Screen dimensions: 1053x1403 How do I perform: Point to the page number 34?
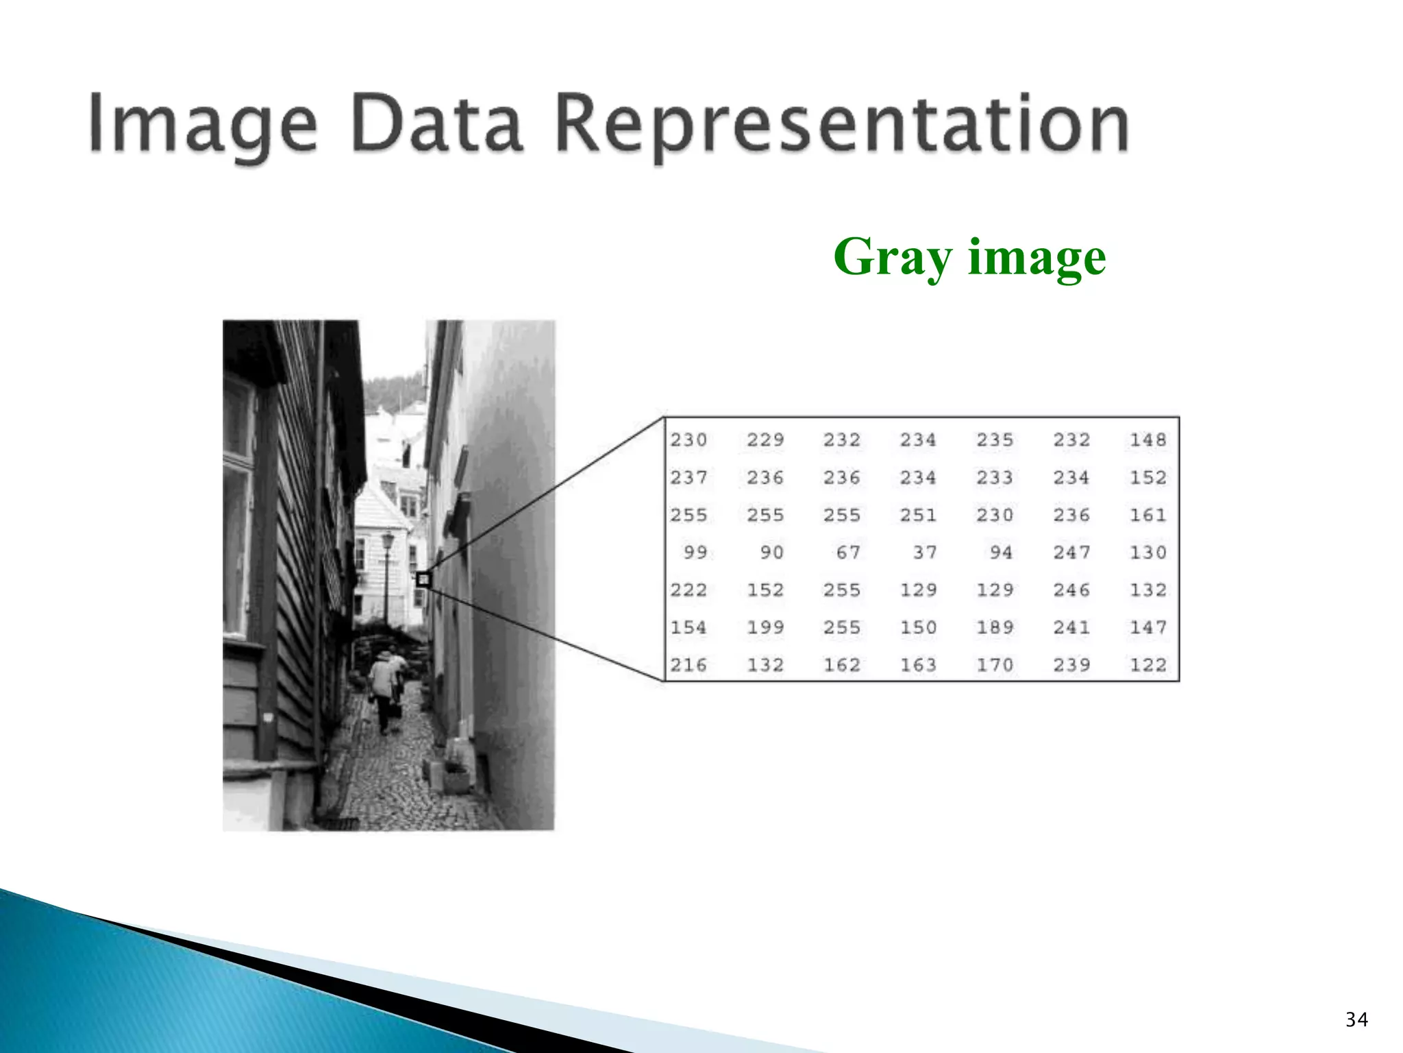pyautogui.click(x=1356, y=1019)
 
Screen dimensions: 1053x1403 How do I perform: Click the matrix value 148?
pyautogui.click(x=1147, y=439)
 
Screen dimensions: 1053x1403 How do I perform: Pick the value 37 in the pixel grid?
pyautogui.click(x=924, y=552)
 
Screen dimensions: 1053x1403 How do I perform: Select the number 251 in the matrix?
pyautogui.click(x=918, y=515)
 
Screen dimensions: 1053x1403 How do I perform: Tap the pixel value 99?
pyautogui.click(x=695, y=552)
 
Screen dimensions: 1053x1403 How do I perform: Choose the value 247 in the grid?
pyautogui.click(x=1071, y=552)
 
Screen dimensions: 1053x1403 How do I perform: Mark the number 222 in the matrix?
pyautogui.click(x=688, y=590)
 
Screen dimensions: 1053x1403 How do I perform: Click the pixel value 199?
pyautogui.click(x=765, y=627)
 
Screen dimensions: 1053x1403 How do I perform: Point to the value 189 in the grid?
pyautogui.click(x=995, y=627)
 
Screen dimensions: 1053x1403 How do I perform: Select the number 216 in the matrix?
pyautogui.click(x=688, y=664)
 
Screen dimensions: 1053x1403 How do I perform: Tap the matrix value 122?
pyautogui.click(x=1147, y=664)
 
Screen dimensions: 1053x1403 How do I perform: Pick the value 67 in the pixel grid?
pyautogui.click(x=847, y=552)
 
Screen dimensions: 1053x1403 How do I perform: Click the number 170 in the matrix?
pyautogui.click(x=995, y=664)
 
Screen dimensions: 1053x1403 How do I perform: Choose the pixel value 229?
pyautogui.click(x=765, y=439)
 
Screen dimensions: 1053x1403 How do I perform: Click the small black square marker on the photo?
pyautogui.click(x=423, y=579)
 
